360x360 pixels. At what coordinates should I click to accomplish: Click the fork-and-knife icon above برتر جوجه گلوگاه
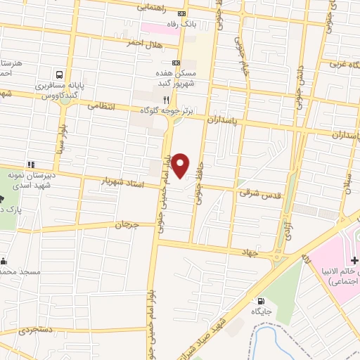(x=167, y=100)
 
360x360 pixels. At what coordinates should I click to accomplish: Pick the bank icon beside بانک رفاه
(x=183, y=13)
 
